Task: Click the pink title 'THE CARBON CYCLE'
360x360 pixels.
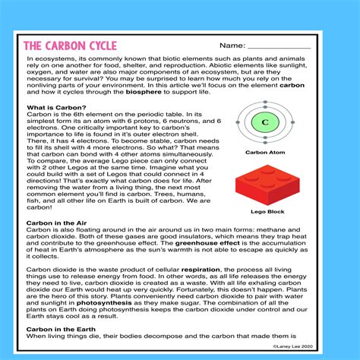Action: pos(69,46)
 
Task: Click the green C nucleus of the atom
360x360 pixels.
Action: pos(265,122)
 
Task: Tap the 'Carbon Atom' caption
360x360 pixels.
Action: pos(265,152)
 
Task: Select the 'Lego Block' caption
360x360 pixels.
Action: pos(265,212)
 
